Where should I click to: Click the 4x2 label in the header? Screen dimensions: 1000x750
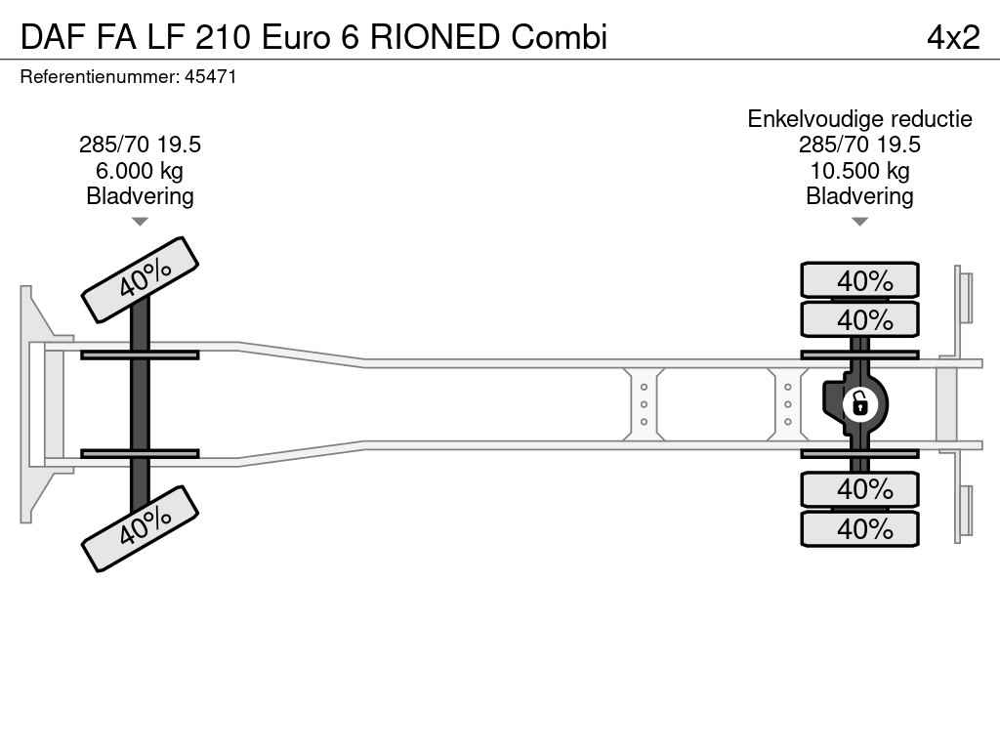pyautogui.click(x=953, y=37)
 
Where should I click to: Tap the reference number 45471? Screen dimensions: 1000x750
pyautogui.click(x=211, y=77)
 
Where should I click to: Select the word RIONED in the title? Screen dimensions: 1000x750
pyautogui.click(x=435, y=37)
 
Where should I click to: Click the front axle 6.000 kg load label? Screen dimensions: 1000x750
pyautogui.click(x=140, y=170)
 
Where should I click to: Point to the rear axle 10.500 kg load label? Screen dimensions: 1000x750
pyautogui.click(x=859, y=170)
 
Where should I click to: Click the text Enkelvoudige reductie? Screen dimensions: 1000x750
pyautogui.click(x=859, y=118)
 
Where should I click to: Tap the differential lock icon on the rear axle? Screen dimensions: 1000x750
pyautogui.click(x=859, y=404)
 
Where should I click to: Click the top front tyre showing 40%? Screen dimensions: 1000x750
pyautogui.click(x=141, y=279)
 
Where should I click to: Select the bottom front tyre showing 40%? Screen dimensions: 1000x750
pyautogui.click(x=141, y=528)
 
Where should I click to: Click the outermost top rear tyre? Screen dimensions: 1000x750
pyautogui.click(x=859, y=279)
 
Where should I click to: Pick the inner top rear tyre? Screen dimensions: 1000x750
pyautogui.click(x=859, y=319)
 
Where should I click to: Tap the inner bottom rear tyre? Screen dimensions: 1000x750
pyautogui.click(x=859, y=489)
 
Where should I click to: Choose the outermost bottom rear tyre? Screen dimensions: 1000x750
pyautogui.click(x=859, y=528)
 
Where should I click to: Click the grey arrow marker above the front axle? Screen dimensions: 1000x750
pyautogui.click(x=140, y=222)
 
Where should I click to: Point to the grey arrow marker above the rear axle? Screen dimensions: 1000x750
pyautogui.click(x=859, y=222)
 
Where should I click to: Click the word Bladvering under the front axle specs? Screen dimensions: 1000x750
pyautogui.click(x=140, y=195)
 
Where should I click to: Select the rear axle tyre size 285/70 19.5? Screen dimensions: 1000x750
pyautogui.click(x=859, y=145)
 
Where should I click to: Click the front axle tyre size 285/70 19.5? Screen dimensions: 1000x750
pyautogui.click(x=140, y=145)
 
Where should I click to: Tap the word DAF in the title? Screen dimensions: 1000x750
pyautogui.click(x=53, y=37)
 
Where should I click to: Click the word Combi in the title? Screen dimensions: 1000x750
pyautogui.click(x=559, y=37)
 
